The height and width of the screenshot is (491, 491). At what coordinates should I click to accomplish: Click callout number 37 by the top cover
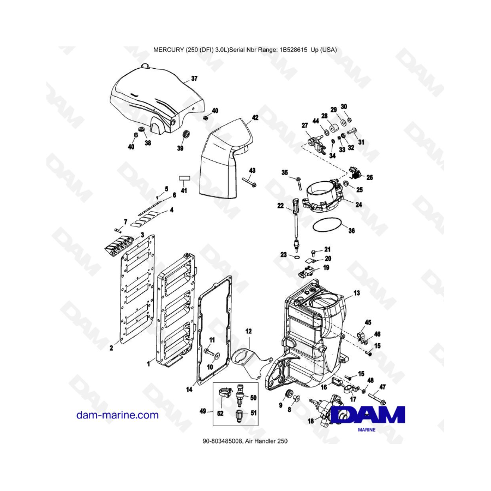click(x=194, y=79)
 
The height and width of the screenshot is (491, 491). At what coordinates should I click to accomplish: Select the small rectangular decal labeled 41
click(x=184, y=178)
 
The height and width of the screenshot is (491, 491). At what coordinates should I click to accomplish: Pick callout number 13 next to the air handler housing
click(x=357, y=293)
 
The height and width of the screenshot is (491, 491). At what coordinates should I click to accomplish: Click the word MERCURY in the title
click(x=170, y=49)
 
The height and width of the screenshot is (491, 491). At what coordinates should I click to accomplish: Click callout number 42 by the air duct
click(x=255, y=117)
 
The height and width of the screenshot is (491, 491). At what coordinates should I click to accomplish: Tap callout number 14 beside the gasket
click(x=189, y=390)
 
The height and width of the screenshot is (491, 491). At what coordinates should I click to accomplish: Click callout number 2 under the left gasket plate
click(x=111, y=347)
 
